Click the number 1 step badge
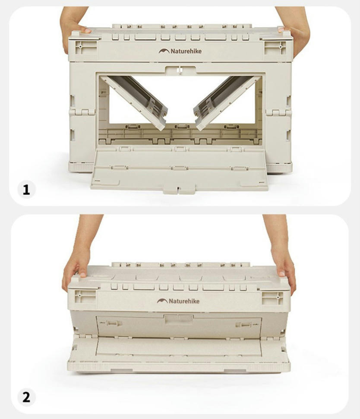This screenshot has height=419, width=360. [26, 190]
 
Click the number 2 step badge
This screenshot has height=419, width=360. [26, 397]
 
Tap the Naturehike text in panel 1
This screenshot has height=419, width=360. [186, 51]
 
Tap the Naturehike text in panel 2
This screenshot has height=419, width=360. [184, 301]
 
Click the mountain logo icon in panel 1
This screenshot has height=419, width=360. [164, 51]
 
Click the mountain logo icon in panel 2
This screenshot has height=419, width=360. [162, 301]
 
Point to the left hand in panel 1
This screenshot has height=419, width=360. [73, 27]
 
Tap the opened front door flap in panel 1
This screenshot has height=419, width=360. [179, 169]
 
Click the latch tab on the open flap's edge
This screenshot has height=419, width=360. [179, 190]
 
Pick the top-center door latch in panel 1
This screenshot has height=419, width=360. [180, 70]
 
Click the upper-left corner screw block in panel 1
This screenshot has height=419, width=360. [86, 48]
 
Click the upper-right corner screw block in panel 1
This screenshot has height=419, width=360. [275, 48]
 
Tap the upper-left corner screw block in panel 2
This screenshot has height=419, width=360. [85, 297]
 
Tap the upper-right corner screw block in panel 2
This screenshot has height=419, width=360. [272, 298]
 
